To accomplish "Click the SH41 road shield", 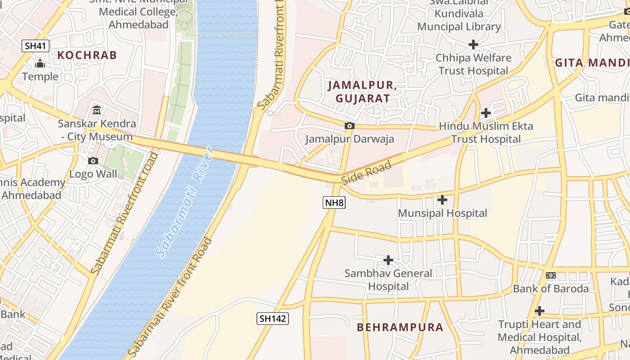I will pos(36,45).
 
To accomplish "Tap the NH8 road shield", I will pos(334,202).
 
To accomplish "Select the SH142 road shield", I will pos(273,319).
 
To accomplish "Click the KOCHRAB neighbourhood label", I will pos(87,55).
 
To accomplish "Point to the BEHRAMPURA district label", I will pos(400,327).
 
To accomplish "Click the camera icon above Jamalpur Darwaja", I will pos(349,126).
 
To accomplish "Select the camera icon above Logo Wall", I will pos(93,161).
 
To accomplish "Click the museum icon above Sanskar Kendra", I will pos(97,110).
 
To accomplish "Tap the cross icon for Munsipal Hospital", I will pos(442,199).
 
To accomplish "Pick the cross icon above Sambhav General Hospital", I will pos(388,260).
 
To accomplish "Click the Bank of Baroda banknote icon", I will pos(550,275).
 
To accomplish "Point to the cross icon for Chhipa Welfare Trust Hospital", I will pos(473,45).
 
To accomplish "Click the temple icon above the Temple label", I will pos(40,64).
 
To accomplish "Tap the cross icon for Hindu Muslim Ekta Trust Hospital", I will pos(486,112).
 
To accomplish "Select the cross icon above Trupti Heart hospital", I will pos(539,311).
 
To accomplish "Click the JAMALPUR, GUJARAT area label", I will pos(362,91).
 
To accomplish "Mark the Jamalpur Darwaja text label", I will pos(350,139).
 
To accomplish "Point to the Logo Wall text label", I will pos(93,174).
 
